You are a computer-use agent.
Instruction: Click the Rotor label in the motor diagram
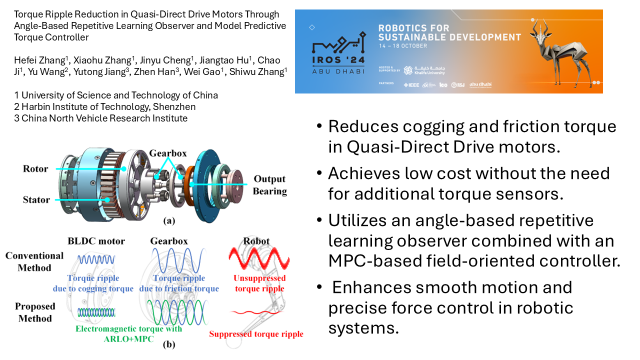click(35, 169)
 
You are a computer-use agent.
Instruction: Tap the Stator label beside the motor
click(36, 199)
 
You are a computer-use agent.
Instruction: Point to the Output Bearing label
click(269, 185)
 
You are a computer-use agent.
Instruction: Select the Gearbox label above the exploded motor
click(168, 153)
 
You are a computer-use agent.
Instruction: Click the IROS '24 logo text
click(338, 60)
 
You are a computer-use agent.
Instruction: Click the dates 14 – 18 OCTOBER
click(403, 46)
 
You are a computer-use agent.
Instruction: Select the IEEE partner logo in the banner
click(411, 85)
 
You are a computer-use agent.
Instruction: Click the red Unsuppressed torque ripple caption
click(259, 283)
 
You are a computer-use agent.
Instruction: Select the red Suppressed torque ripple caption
click(256, 334)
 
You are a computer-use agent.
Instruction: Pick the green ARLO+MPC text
click(128, 339)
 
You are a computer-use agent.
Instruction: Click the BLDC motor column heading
click(96, 241)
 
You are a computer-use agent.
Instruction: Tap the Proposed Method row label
click(35, 312)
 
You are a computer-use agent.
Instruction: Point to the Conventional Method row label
click(34, 261)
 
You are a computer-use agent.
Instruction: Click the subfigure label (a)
click(169, 221)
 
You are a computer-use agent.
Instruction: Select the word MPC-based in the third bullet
click(374, 261)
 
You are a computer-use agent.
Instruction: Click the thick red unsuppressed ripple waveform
click(259, 258)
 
